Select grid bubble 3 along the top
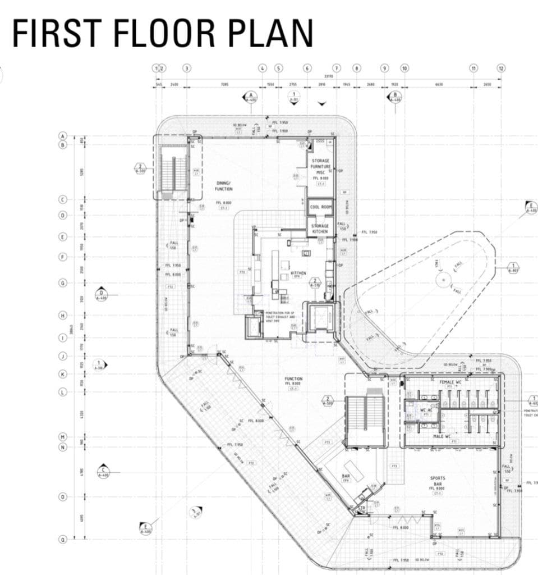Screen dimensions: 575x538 [x=187, y=68]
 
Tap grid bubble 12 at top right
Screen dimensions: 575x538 [x=501, y=68]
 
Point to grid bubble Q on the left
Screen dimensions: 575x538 [x=63, y=539]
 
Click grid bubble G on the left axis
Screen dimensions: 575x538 [x=63, y=282]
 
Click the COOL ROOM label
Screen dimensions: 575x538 [x=321, y=207]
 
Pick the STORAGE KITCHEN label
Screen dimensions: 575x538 [x=320, y=229]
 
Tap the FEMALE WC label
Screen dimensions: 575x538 [x=450, y=381]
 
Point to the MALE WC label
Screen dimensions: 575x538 [x=442, y=436]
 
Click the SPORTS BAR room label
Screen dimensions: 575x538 [x=438, y=481]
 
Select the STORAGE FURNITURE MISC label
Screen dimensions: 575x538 [x=320, y=167]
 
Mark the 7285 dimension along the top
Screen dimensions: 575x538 [x=224, y=84]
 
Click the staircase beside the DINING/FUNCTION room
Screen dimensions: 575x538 [x=172, y=167]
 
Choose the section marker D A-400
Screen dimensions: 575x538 [x=102, y=295]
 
